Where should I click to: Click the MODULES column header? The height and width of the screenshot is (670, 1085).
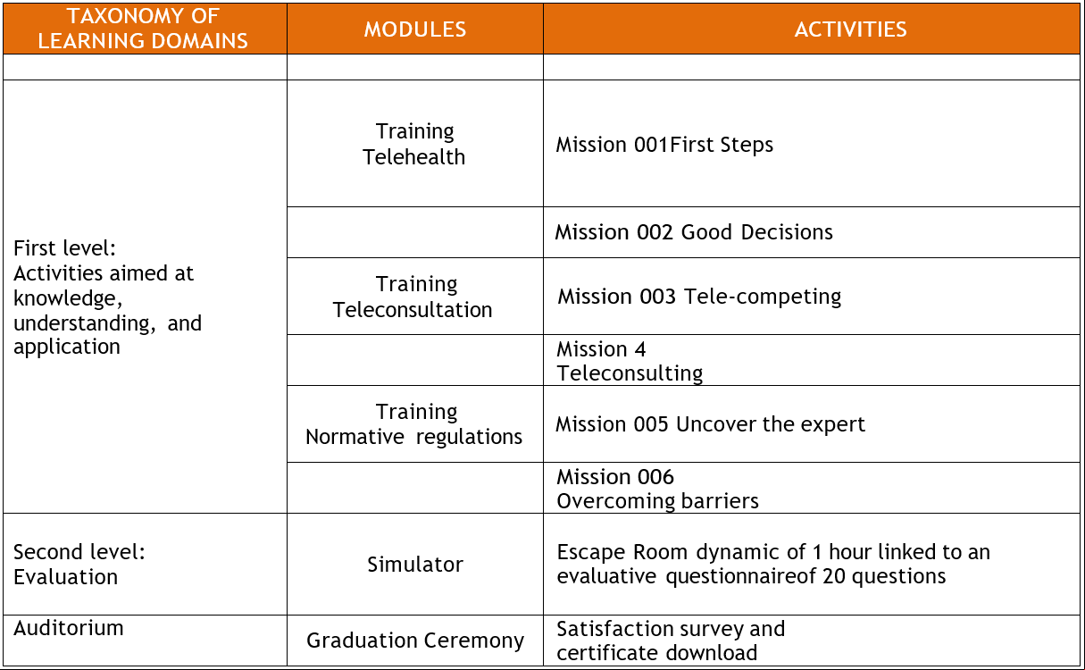(x=415, y=29)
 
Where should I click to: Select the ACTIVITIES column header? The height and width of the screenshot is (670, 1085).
(x=850, y=29)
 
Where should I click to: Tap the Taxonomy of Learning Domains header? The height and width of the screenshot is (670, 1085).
(x=143, y=28)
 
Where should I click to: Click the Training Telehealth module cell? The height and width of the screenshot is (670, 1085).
(x=414, y=144)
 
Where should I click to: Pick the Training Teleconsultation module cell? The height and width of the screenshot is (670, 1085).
(x=413, y=297)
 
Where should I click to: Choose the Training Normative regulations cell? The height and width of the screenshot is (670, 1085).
(x=414, y=424)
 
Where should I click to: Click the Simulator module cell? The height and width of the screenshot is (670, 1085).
(x=415, y=565)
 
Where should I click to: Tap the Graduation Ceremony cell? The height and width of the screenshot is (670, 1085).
(x=415, y=641)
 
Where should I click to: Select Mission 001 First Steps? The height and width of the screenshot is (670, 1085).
(x=664, y=145)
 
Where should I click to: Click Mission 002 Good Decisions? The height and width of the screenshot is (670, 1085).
(x=694, y=232)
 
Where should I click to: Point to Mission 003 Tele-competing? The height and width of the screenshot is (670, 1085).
(x=699, y=297)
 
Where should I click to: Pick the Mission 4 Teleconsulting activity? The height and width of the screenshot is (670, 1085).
(x=630, y=361)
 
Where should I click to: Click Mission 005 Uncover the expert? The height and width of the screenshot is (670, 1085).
(x=710, y=424)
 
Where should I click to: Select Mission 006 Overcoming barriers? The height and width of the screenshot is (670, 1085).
(x=657, y=489)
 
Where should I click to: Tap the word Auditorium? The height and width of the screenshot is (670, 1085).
(x=68, y=628)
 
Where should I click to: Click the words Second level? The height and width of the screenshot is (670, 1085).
(x=79, y=552)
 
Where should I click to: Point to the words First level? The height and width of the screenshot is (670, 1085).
(x=64, y=248)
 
